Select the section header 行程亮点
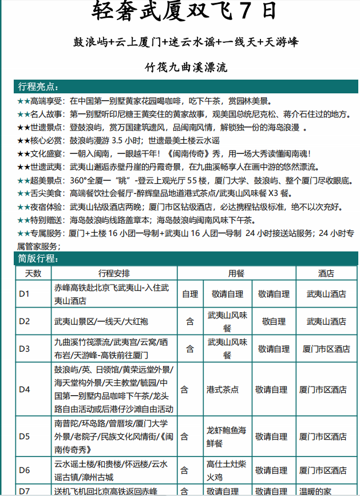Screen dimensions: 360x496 [38, 87]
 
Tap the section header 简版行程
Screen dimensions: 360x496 [38, 259]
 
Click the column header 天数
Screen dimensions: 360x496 [33, 273]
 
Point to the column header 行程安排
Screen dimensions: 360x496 [114, 273]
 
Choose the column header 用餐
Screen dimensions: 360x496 [236, 273]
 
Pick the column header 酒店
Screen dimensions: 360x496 [326, 273]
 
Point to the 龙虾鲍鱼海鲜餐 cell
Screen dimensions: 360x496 [227, 436]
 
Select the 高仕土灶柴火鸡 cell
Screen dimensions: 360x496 [227, 470]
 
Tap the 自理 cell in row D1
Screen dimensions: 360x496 [190, 294]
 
